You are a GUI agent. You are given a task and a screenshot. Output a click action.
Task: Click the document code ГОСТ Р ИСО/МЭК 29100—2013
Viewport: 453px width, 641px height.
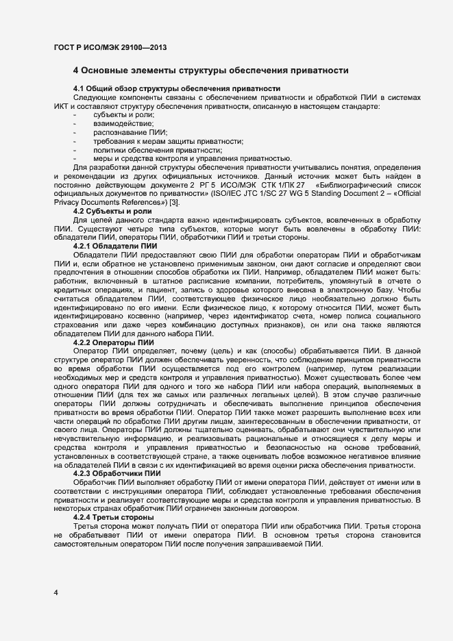tap(110, 47)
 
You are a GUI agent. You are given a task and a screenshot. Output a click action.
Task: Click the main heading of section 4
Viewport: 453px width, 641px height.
tap(211, 71)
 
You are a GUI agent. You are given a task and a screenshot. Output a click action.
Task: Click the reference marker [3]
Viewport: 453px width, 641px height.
tap(175, 203)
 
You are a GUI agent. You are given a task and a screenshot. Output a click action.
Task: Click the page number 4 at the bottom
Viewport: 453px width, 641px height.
tap(56, 592)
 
